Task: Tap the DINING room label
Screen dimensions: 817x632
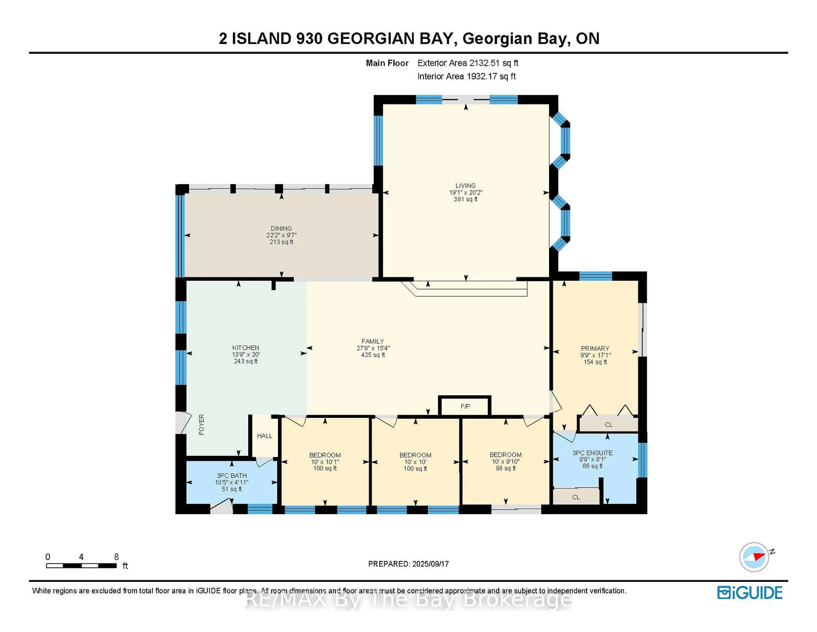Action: tap(281, 228)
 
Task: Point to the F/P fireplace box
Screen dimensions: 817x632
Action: tap(465, 406)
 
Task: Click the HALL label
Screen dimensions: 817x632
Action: tap(264, 436)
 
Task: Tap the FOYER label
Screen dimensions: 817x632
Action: tap(202, 425)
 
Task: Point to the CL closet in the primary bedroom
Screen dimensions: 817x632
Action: tap(609, 425)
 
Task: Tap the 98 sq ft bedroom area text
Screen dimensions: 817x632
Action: tap(506, 468)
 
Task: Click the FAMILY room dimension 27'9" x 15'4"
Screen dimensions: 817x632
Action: tap(373, 348)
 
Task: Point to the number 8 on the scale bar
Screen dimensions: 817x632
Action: tap(116, 557)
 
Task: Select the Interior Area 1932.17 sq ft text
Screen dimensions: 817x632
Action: tap(467, 76)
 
